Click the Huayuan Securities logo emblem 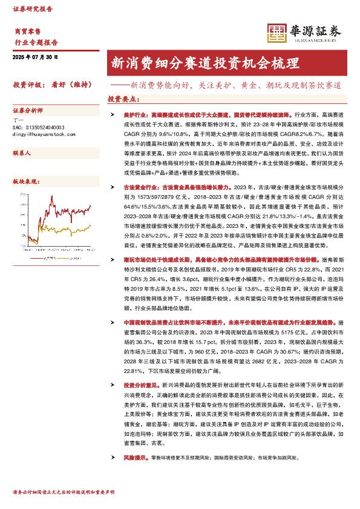pyautogui.click(x=276, y=34)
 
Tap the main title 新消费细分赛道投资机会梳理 pyautogui.click(x=205, y=63)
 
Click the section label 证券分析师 pyautogui.click(x=28, y=111)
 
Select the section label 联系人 pyautogui.click(x=22, y=154)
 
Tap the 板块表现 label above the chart pyautogui.click(x=25, y=181)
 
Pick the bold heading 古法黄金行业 pyautogui.click(x=131, y=189)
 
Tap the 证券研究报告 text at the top pyautogui.click(x=33, y=10)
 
